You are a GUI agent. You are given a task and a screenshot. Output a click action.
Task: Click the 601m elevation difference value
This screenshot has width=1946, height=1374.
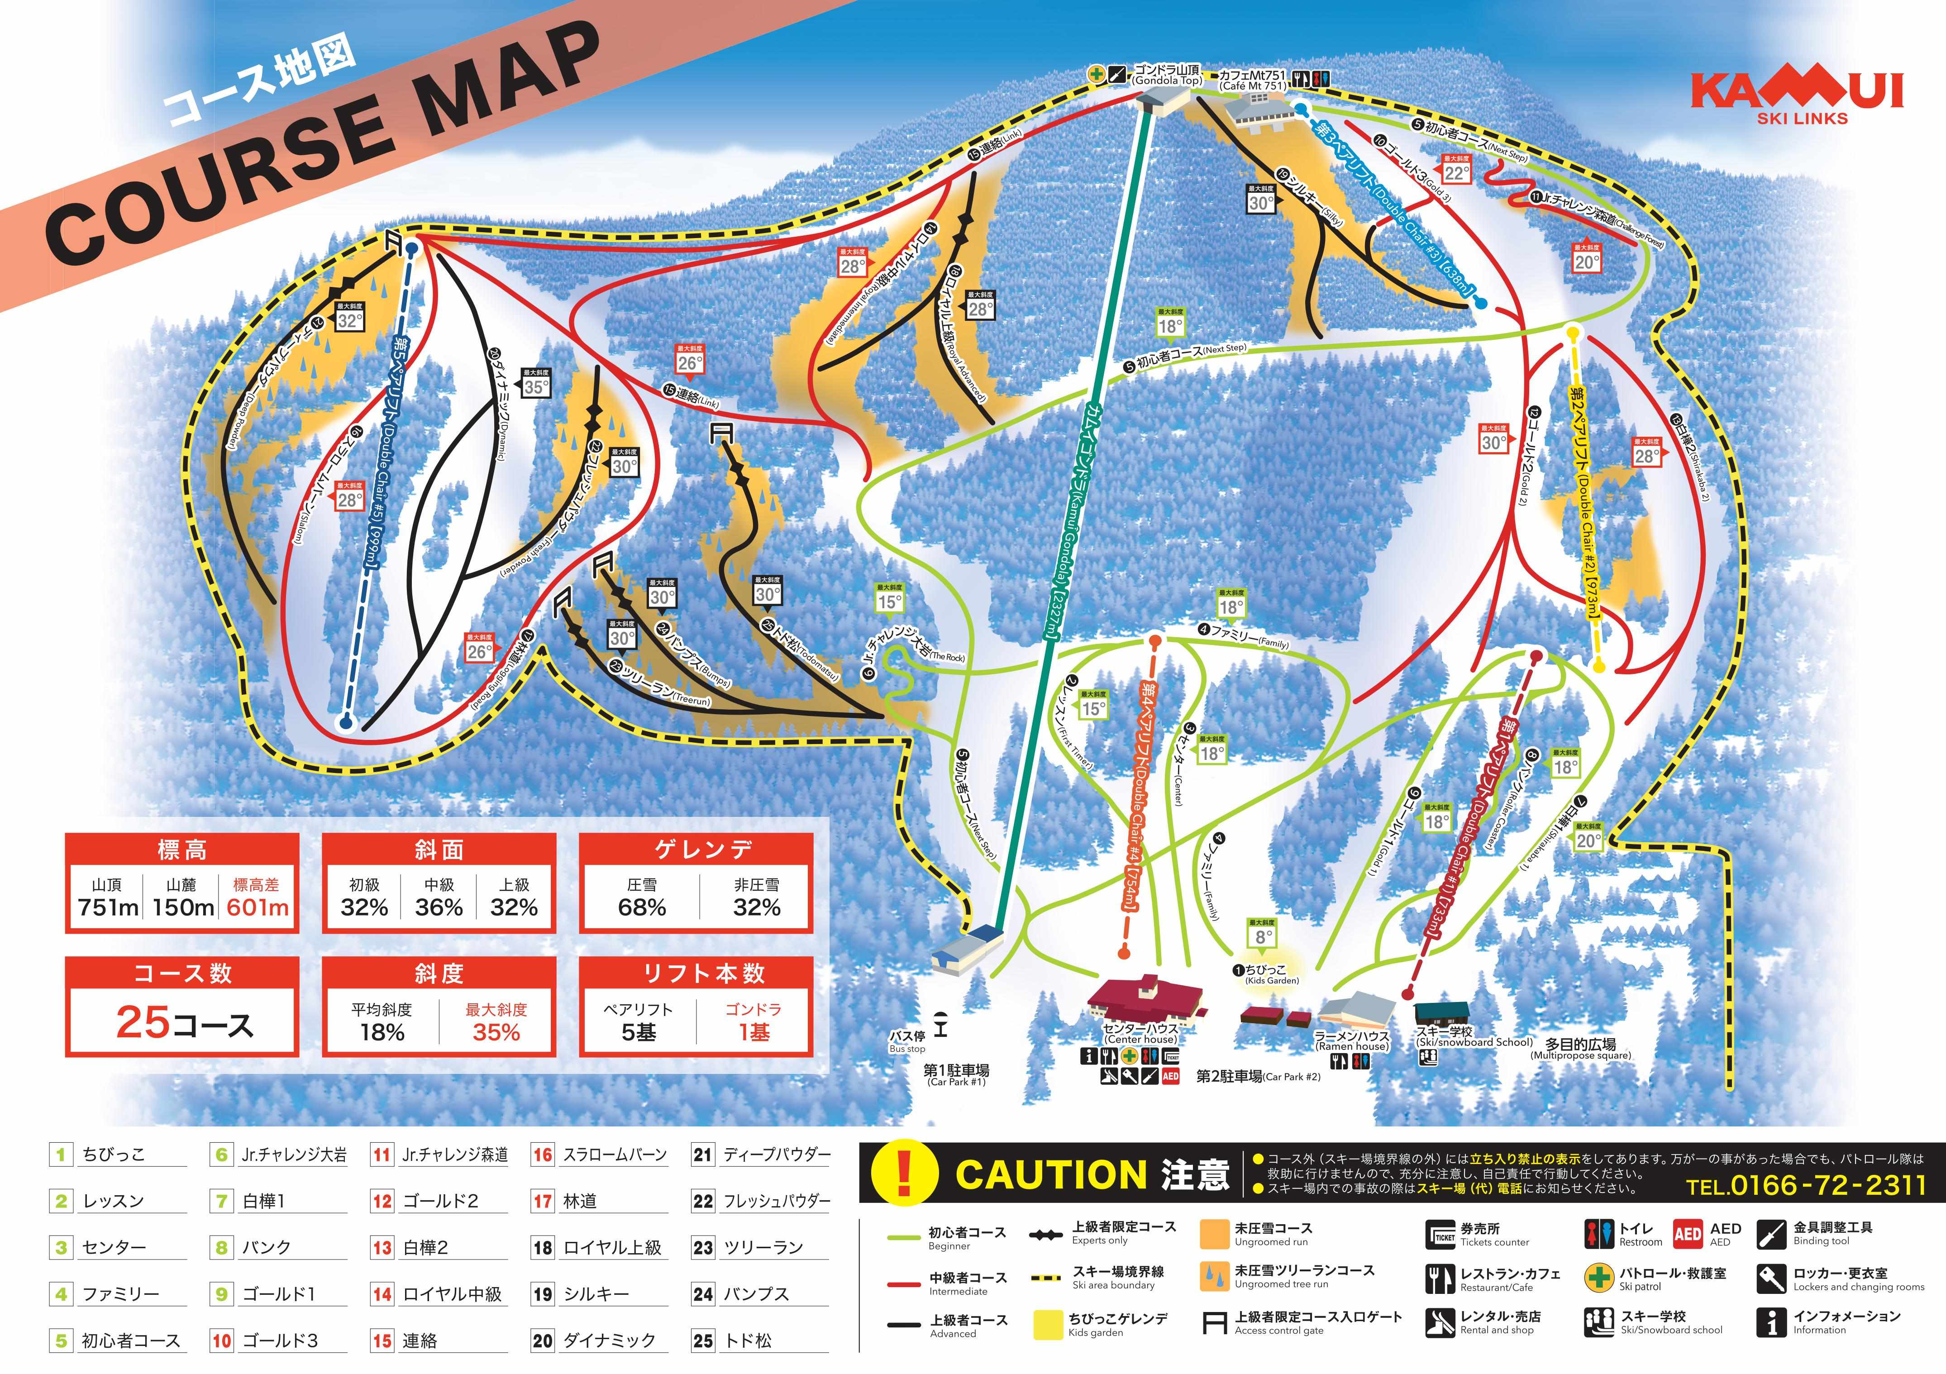tap(258, 907)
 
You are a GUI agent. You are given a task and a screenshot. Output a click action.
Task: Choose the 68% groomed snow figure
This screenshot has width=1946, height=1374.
tap(642, 907)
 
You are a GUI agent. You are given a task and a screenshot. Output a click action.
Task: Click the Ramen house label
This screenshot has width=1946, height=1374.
tap(1353, 1041)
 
